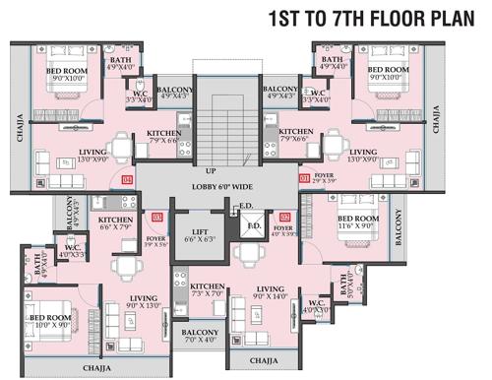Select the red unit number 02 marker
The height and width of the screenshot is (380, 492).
coord(285,217)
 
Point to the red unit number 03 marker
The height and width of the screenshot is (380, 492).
coord(157,217)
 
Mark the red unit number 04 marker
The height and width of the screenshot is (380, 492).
coord(127,180)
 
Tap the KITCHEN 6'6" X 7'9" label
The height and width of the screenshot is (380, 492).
coord(115,223)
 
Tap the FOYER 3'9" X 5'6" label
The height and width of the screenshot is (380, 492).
coord(155,240)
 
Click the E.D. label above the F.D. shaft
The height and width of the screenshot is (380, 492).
coord(246,206)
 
